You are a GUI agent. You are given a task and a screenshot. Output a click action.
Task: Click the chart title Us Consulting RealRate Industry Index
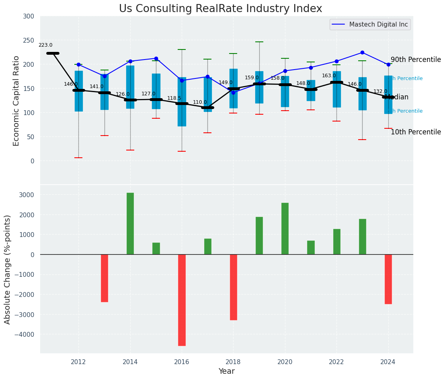click(x=220, y=9)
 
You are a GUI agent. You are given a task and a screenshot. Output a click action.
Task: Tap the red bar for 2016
click(x=182, y=300)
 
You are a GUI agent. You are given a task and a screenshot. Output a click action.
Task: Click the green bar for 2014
click(x=130, y=223)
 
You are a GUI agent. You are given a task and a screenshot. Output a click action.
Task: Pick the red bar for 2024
click(x=388, y=279)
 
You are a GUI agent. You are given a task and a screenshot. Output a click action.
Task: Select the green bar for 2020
click(x=285, y=229)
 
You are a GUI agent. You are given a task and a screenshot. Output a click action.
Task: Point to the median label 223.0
click(x=45, y=45)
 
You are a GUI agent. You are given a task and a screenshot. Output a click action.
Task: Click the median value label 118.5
click(x=174, y=98)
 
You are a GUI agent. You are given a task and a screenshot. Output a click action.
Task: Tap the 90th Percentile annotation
click(x=416, y=60)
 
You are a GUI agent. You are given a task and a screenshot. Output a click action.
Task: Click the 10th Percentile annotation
click(x=416, y=132)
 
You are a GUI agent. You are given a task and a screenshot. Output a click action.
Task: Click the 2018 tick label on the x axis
click(x=233, y=362)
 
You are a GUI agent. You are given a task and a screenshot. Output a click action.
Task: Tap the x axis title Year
click(x=226, y=371)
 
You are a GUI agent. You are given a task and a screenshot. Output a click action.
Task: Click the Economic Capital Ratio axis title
click(x=16, y=101)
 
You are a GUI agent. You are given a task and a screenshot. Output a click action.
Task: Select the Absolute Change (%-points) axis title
click(x=8, y=269)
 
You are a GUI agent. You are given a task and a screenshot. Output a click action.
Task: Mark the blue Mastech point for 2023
click(x=362, y=52)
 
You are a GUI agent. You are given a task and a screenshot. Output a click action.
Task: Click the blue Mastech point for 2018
click(x=233, y=93)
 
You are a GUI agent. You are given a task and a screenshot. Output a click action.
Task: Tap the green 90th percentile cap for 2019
click(x=259, y=42)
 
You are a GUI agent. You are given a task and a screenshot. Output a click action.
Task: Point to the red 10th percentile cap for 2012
click(x=78, y=158)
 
